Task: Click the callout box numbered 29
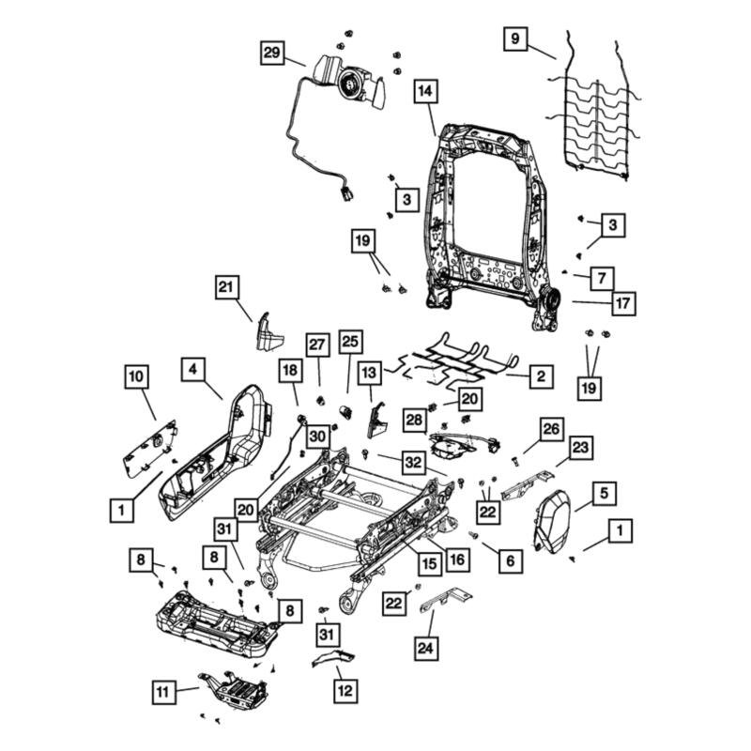(271, 54)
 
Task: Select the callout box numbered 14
(425, 92)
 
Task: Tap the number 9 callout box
(514, 38)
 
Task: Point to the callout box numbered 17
(622, 303)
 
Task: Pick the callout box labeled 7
(602, 278)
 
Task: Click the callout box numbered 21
(226, 288)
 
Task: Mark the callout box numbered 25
(350, 342)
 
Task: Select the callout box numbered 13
(369, 372)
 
